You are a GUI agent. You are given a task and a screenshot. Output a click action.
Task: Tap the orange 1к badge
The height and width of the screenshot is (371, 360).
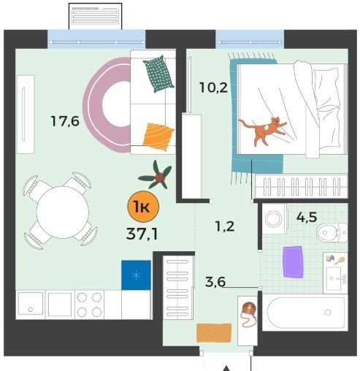click(143, 207)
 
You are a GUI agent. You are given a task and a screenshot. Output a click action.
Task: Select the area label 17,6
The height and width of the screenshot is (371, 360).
click(65, 121)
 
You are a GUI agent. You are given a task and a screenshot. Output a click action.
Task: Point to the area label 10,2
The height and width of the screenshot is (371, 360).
click(213, 88)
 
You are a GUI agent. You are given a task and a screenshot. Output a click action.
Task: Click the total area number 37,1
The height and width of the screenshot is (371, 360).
click(142, 234)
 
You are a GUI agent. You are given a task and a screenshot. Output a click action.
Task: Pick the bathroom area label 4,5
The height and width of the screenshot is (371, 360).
click(307, 217)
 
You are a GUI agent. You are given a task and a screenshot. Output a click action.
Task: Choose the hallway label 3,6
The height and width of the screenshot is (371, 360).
click(215, 282)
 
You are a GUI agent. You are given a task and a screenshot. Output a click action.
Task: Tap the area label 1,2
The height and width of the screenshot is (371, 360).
click(225, 226)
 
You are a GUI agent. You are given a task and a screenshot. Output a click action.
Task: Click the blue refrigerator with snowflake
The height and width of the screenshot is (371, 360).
click(136, 275)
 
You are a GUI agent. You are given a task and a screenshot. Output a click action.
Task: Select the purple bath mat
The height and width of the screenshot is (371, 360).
click(294, 262)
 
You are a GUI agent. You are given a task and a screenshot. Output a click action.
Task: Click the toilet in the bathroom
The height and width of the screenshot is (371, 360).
click(332, 232)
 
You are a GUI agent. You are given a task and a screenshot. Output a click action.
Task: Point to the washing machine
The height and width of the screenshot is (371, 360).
click(274, 219)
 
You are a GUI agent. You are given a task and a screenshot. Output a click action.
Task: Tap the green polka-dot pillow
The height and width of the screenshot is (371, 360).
click(158, 74)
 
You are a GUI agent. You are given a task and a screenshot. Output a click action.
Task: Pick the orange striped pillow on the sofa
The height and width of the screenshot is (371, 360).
click(158, 137)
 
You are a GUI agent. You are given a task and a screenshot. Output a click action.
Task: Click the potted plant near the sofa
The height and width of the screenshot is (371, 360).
click(156, 175)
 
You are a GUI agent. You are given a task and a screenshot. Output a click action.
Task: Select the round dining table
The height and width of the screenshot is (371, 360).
click(63, 212)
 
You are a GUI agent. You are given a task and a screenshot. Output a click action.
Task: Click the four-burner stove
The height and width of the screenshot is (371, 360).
click(89, 305)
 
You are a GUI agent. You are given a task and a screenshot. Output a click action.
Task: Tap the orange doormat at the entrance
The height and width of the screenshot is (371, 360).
click(214, 333)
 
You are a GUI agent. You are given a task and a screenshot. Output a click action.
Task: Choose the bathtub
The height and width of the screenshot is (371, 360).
click(305, 313)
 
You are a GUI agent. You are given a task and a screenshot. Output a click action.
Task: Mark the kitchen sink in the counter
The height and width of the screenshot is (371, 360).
click(31, 305)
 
